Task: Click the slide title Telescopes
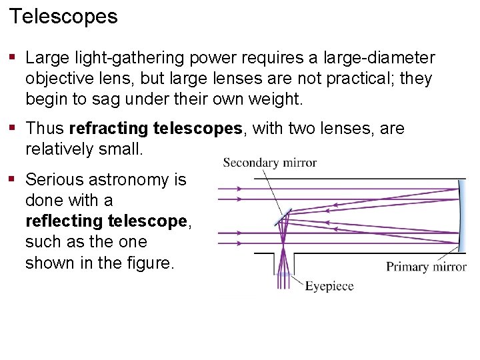[x=63, y=16]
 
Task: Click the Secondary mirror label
[x=269, y=162]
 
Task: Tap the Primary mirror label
[x=426, y=267]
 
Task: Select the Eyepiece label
[x=329, y=286]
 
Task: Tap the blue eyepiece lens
[x=284, y=273]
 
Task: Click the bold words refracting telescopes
[x=156, y=128]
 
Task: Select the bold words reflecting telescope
[x=107, y=221]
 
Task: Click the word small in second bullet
[x=121, y=149]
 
